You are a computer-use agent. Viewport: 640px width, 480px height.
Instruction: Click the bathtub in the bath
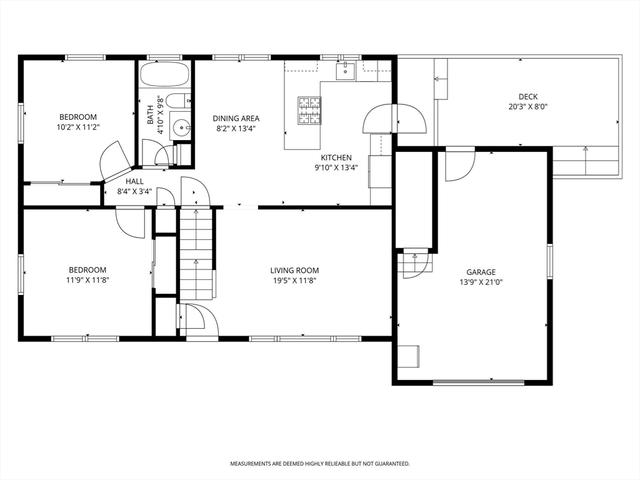pyautogui.click(x=164, y=74)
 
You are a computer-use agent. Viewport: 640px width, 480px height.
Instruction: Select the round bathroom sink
pyautogui.click(x=180, y=128)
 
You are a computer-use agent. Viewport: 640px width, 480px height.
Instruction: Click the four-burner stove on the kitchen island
pyautogui.click(x=309, y=110)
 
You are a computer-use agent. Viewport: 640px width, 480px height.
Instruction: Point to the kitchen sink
pyautogui.click(x=346, y=71)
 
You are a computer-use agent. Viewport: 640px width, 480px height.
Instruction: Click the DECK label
pyautogui.click(x=528, y=97)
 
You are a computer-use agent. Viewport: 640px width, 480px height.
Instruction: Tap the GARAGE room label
pyautogui.click(x=481, y=272)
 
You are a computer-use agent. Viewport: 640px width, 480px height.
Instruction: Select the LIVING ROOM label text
pyautogui.click(x=295, y=270)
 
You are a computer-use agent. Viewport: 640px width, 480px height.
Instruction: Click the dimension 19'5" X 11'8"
pyautogui.click(x=295, y=280)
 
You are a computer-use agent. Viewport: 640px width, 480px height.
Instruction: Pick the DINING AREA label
pyautogui.click(x=236, y=118)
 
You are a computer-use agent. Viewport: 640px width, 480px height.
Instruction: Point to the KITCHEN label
pyautogui.click(x=336, y=157)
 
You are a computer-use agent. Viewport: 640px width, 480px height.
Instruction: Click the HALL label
pyautogui.click(x=134, y=181)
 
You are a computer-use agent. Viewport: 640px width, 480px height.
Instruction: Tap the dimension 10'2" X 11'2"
pyautogui.click(x=78, y=127)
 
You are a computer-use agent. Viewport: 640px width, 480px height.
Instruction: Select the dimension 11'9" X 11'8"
pyautogui.click(x=87, y=280)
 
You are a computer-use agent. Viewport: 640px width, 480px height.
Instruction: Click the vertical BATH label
pyautogui.click(x=150, y=115)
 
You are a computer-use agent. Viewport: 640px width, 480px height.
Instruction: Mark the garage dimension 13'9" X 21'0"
pyautogui.click(x=481, y=282)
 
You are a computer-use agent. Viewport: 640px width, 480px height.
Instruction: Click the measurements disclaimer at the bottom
pyautogui.click(x=320, y=464)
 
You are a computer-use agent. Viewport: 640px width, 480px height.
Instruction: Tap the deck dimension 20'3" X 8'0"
pyautogui.click(x=528, y=107)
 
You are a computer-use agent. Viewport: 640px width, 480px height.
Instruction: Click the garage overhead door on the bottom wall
pyautogui.click(x=478, y=382)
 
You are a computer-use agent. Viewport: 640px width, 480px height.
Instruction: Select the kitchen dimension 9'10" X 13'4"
pyautogui.click(x=336, y=167)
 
